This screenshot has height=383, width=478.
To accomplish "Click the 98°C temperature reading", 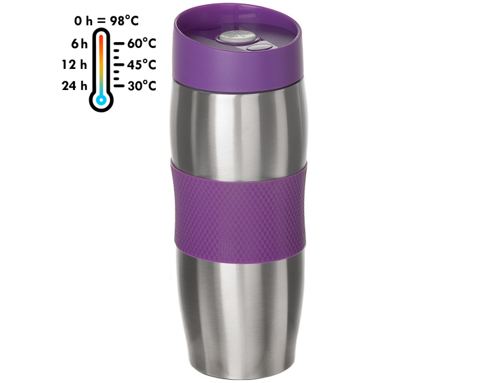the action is [124, 21].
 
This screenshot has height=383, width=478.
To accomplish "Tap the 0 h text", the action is [83, 21].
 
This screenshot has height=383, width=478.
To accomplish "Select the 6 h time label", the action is [79, 44].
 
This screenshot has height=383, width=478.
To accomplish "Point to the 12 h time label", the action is [75, 65].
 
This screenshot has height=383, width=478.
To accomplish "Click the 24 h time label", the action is [75, 86].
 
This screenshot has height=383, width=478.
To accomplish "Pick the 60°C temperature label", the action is [142, 44].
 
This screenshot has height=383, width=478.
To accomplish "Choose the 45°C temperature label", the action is [142, 65].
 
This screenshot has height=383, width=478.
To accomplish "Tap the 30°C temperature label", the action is [142, 86].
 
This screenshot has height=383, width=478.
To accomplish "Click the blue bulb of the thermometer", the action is [101, 100].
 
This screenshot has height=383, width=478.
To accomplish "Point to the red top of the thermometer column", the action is [101, 40].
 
